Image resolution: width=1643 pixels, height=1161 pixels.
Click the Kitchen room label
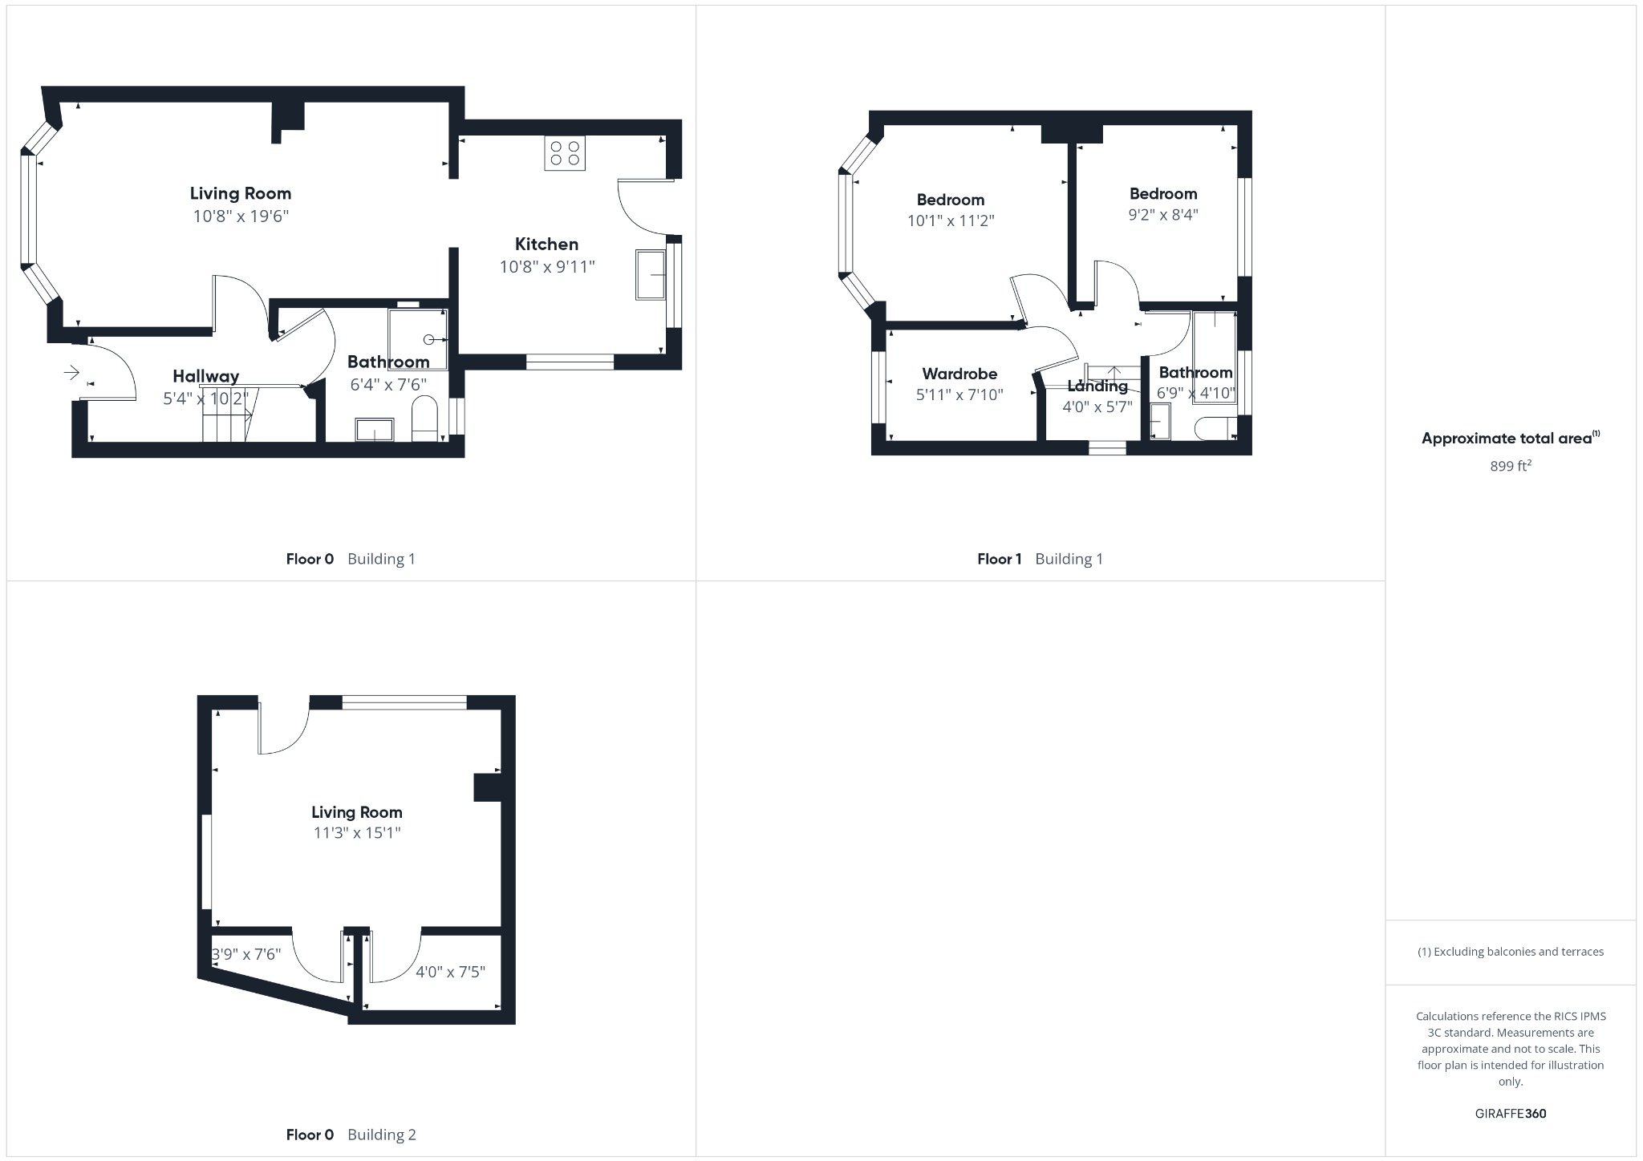(x=546, y=244)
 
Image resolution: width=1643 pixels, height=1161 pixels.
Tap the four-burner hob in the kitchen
(x=565, y=153)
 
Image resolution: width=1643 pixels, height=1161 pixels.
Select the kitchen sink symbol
(x=651, y=275)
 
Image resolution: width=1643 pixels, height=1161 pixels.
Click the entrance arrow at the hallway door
(x=71, y=372)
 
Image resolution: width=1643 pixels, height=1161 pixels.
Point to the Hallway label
(x=205, y=376)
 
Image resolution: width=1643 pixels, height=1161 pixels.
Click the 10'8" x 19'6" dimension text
(x=241, y=216)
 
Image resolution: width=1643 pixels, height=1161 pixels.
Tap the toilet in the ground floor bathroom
(x=424, y=418)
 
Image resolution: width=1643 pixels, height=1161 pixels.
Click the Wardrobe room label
(x=959, y=374)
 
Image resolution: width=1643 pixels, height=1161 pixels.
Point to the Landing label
(x=1097, y=386)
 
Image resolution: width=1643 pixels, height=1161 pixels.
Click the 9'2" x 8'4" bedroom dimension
(x=1163, y=214)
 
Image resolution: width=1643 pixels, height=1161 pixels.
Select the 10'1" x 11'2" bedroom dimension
(x=951, y=220)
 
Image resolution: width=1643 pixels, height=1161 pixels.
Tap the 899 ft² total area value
(x=1511, y=466)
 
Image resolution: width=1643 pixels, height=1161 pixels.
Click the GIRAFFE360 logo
(x=1511, y=1114)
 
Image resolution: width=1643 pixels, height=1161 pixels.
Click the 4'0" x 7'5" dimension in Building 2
(x=450, y=972)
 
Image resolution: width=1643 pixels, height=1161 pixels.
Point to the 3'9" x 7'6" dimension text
(x=246, y=954)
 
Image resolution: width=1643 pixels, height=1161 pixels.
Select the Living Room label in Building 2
(x=357, y=812)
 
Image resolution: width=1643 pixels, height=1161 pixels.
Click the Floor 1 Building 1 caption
(x=1040, y=559)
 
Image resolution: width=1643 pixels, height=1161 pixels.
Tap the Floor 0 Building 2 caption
(x=351, y=1135)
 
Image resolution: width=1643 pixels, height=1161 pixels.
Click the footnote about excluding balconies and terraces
(x=1511, y=952)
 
